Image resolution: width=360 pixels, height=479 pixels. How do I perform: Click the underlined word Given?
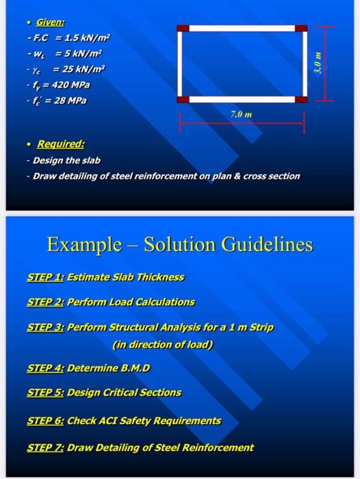(51, 23)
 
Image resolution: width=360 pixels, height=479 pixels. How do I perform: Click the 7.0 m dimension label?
(242, 114)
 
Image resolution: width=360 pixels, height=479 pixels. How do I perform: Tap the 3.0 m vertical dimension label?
(318, 63)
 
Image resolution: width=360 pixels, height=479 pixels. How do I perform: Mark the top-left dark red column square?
(183, 29)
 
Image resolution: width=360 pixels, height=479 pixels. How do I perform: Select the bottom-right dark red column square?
(301, 99)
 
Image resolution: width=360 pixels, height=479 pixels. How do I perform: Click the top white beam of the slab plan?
(242, 29)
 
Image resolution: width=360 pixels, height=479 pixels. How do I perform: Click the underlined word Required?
(60, 144)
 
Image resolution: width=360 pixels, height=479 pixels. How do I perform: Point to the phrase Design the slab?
(66, 160)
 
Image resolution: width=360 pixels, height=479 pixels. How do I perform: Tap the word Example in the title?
(84, 245)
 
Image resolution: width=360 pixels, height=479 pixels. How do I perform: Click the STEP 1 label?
(46, 277)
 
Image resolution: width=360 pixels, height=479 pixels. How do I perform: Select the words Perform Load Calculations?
(131, 302)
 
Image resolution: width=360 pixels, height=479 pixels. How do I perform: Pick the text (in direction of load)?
(163, 345)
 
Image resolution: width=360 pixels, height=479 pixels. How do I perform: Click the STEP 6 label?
(46, 421)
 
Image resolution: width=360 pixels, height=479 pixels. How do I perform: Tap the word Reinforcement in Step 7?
(218, 448)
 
